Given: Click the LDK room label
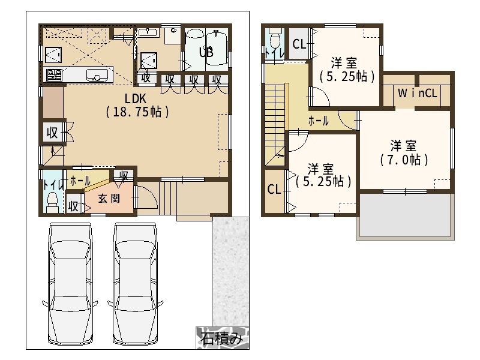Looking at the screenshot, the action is (136, 98).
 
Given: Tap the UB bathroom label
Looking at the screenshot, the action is (206, 52).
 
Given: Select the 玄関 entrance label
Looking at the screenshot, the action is (109, 199).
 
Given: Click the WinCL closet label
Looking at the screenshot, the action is (417, 93).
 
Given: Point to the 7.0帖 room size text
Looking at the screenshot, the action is (404, 160).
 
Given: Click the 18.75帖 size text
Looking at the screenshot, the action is (137, 112).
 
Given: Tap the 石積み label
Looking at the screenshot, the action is (222, 338).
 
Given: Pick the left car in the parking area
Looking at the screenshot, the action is (71, 284).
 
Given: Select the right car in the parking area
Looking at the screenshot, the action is (135, 284).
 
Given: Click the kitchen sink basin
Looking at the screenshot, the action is (97, 75).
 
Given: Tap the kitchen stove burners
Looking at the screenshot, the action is (54, 75).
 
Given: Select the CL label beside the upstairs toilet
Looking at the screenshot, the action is (299, 44).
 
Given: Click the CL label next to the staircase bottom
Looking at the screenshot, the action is (274, 189).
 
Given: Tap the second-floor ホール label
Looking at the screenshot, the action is (319, 121).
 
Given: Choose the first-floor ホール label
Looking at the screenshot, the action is (80, 181).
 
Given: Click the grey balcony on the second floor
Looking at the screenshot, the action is (405, 215).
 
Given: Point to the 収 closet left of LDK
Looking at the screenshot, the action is (52, 133).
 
